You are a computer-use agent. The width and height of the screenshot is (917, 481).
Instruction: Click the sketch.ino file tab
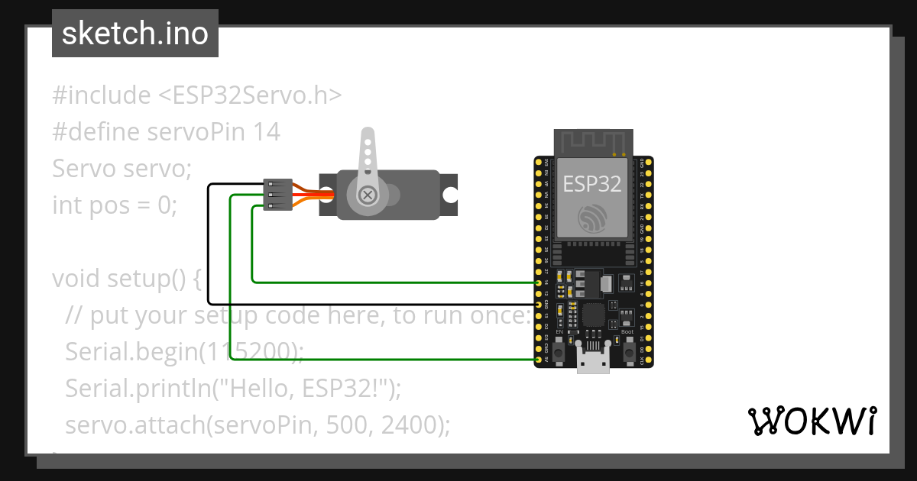tap(135, 34)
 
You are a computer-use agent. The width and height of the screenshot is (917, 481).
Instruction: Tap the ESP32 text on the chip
tap(591, 183)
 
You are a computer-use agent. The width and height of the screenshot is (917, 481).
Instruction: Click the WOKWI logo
tap(811, 421)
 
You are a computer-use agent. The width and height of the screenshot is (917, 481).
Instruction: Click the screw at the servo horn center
tap(368, 195)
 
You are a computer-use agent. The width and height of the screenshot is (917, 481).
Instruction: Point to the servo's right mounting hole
tap(450, 195)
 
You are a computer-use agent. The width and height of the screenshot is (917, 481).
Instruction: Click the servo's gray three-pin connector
tap(277, 195)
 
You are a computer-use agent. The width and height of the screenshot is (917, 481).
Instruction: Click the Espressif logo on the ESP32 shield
tap(592, 219)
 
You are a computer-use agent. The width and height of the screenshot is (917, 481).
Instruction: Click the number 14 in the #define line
tap(267, 132)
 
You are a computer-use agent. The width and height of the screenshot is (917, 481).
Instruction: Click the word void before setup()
tap(77, 279)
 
